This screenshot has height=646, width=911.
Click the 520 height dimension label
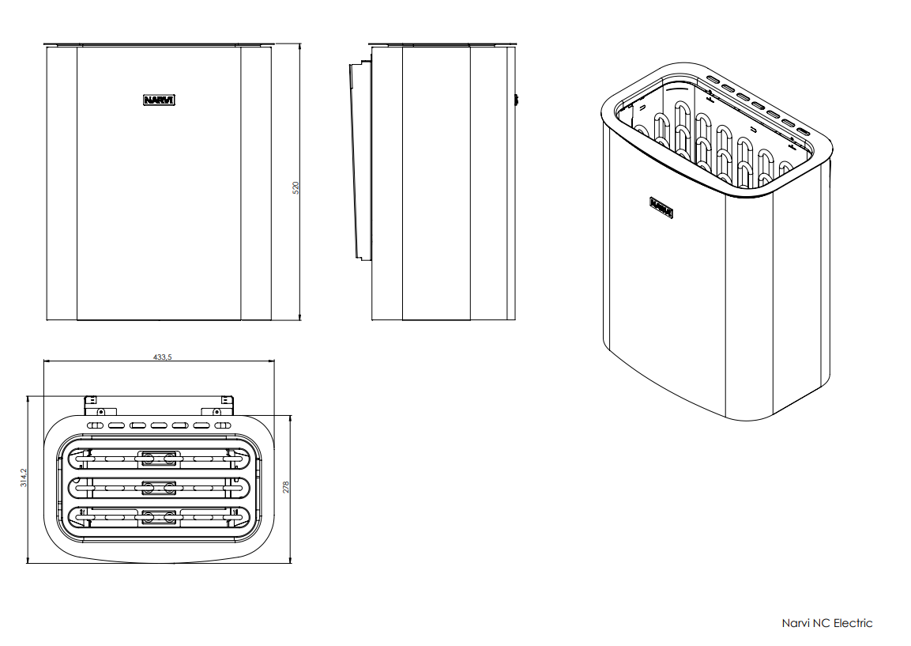296,187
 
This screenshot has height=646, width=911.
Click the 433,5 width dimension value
163,357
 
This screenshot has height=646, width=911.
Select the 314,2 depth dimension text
24,478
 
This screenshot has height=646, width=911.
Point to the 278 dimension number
286,487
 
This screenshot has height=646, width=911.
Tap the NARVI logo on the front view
159,100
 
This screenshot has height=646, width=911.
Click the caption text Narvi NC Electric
826,623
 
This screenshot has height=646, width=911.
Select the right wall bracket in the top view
225,406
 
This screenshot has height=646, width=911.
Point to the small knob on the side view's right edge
516,100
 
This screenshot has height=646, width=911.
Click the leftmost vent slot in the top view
96,425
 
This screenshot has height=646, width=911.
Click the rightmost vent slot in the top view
223,425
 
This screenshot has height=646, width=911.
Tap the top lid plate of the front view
158,44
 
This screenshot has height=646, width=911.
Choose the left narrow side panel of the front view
62,183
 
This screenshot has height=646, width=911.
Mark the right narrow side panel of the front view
256,183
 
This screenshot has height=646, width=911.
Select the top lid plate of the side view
442,44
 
